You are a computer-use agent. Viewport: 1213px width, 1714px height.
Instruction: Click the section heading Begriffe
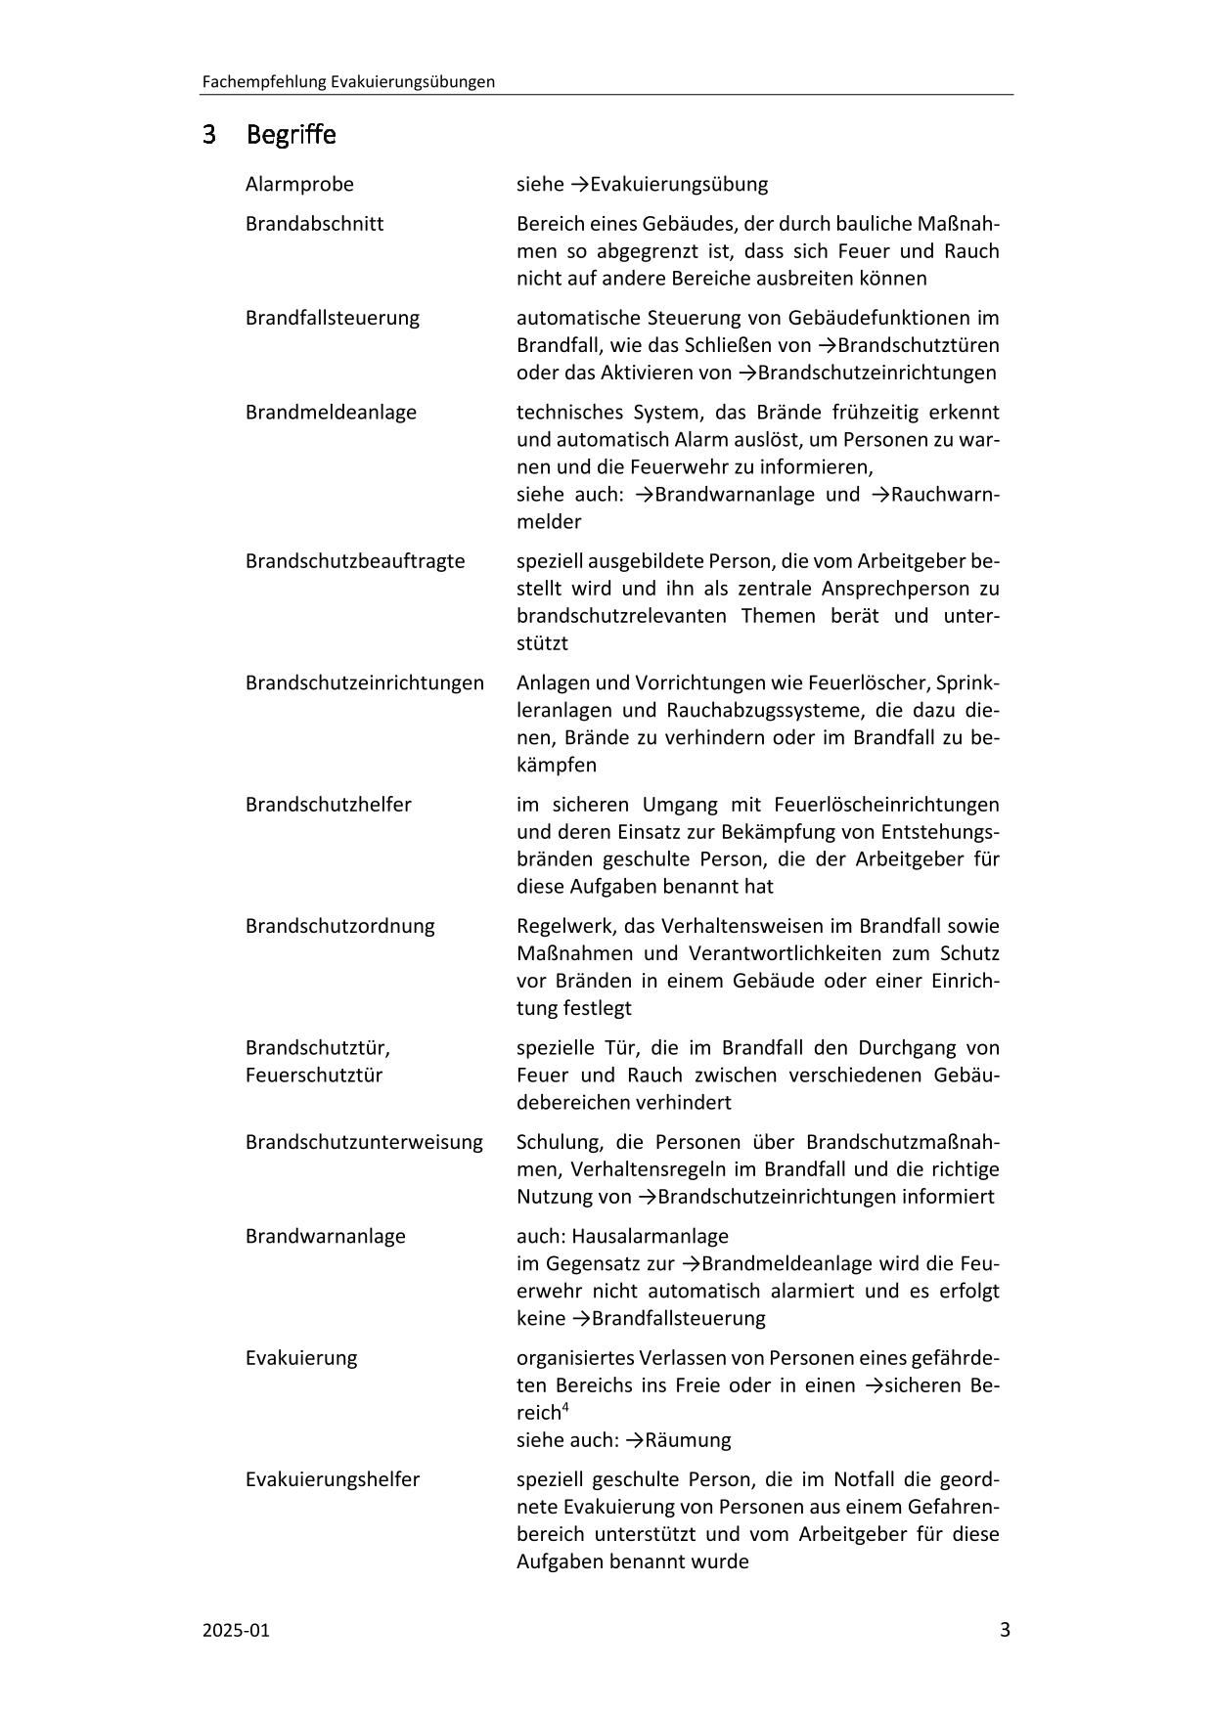(x=291, y=134)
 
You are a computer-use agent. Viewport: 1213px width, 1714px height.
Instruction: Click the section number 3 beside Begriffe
(x=208, y=134)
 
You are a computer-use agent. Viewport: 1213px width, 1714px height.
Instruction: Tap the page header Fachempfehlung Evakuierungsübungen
(x=347, y=82)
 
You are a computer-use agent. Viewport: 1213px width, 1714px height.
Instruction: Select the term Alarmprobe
(x=299, y=184)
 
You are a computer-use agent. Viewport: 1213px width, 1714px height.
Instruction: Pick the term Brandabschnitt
(x=314, y=224)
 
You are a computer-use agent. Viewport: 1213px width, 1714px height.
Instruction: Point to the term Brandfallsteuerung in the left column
(x=332, y=318)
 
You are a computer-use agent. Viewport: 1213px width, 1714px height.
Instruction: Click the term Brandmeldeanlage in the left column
(x=331, y=412)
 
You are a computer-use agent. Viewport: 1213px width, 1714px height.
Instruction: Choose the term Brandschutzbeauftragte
(x=355, y=561)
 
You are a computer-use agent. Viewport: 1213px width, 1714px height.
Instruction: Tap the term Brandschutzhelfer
(x=328, y=804)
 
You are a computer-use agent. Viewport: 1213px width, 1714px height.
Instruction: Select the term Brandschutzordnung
(x=339, y=925)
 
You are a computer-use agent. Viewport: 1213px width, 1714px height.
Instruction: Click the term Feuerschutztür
(x=313, y=1076)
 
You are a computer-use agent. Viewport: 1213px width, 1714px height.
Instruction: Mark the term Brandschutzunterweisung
(x=364, y=1142)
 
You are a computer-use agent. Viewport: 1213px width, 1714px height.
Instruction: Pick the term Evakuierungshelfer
(x=332, y=1479)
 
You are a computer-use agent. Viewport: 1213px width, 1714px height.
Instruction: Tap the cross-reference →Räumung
(x=678, y=1440)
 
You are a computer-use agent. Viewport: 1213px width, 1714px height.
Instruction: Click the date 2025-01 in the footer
(x=236, y=1630)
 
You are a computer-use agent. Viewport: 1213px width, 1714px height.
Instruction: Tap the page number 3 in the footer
(x=1005, y=1629)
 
